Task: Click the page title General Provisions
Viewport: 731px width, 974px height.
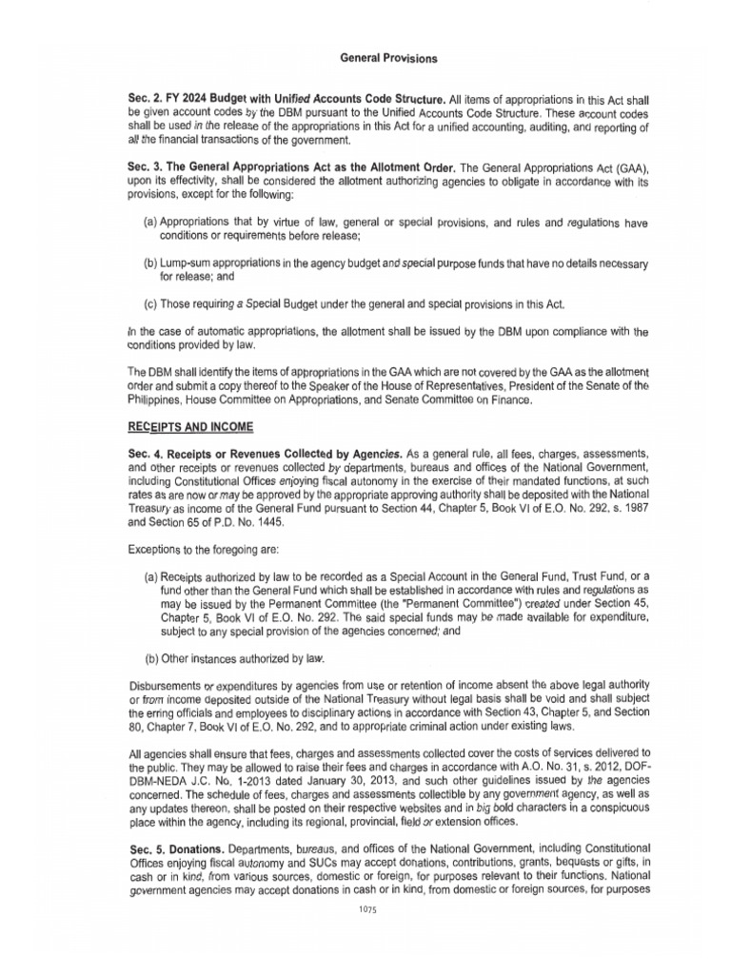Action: tap(376, 59)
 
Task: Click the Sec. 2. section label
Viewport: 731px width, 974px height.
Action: tap(145, 99)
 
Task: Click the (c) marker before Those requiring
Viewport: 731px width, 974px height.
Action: tap(151, 304)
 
